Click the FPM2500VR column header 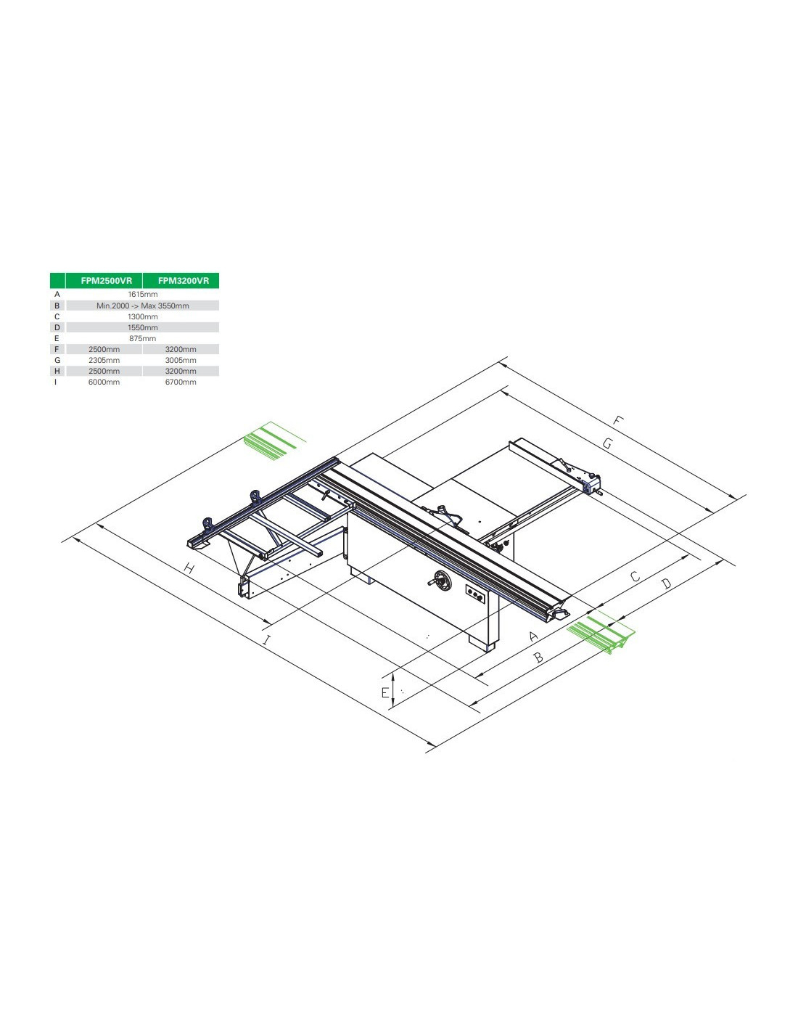coord(107,280)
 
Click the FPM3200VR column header coord(184,280)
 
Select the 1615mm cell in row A coord(142,294)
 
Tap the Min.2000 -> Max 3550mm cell coord(142,306)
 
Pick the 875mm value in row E coord(142,338)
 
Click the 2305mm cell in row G coord(104,360)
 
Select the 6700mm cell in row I coord(181,382)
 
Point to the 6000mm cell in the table coord(104,382)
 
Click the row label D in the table coord(57,327)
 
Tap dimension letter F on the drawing coord(617,420)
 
